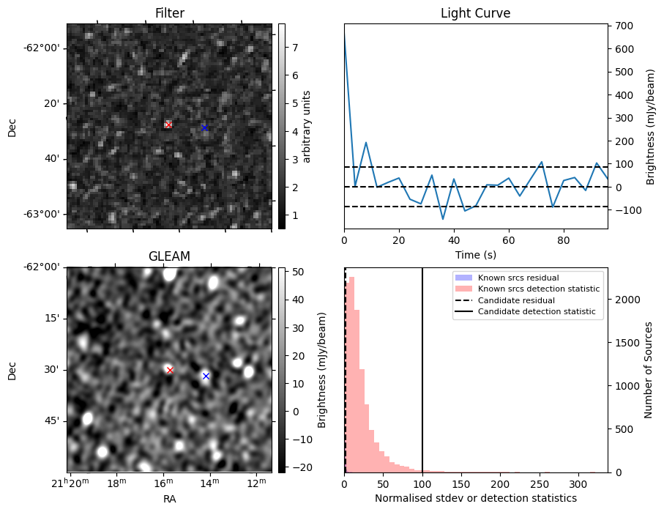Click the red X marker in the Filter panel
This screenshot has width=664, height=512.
click(x=168, y=125)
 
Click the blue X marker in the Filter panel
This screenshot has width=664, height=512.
click(x=204, y=127)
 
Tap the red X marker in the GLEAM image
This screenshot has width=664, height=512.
click(x=170, y=370)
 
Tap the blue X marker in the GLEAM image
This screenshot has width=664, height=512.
click(x=206, y=376)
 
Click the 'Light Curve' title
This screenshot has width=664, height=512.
click(x=475, y=13)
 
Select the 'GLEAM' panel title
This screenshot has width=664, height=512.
click(x=169, y=256)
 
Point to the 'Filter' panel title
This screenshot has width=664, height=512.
click(x=169, y=13)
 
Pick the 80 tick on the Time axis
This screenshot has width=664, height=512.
click(x=564, y=239)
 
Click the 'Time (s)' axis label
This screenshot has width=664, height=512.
click(x=475, y=253)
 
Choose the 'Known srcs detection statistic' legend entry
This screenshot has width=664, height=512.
click(x=538, y=289)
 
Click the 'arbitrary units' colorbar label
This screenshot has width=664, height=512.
click(x=307, y=126)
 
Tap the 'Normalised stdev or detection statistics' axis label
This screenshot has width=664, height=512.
click(x=475, y=498)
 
